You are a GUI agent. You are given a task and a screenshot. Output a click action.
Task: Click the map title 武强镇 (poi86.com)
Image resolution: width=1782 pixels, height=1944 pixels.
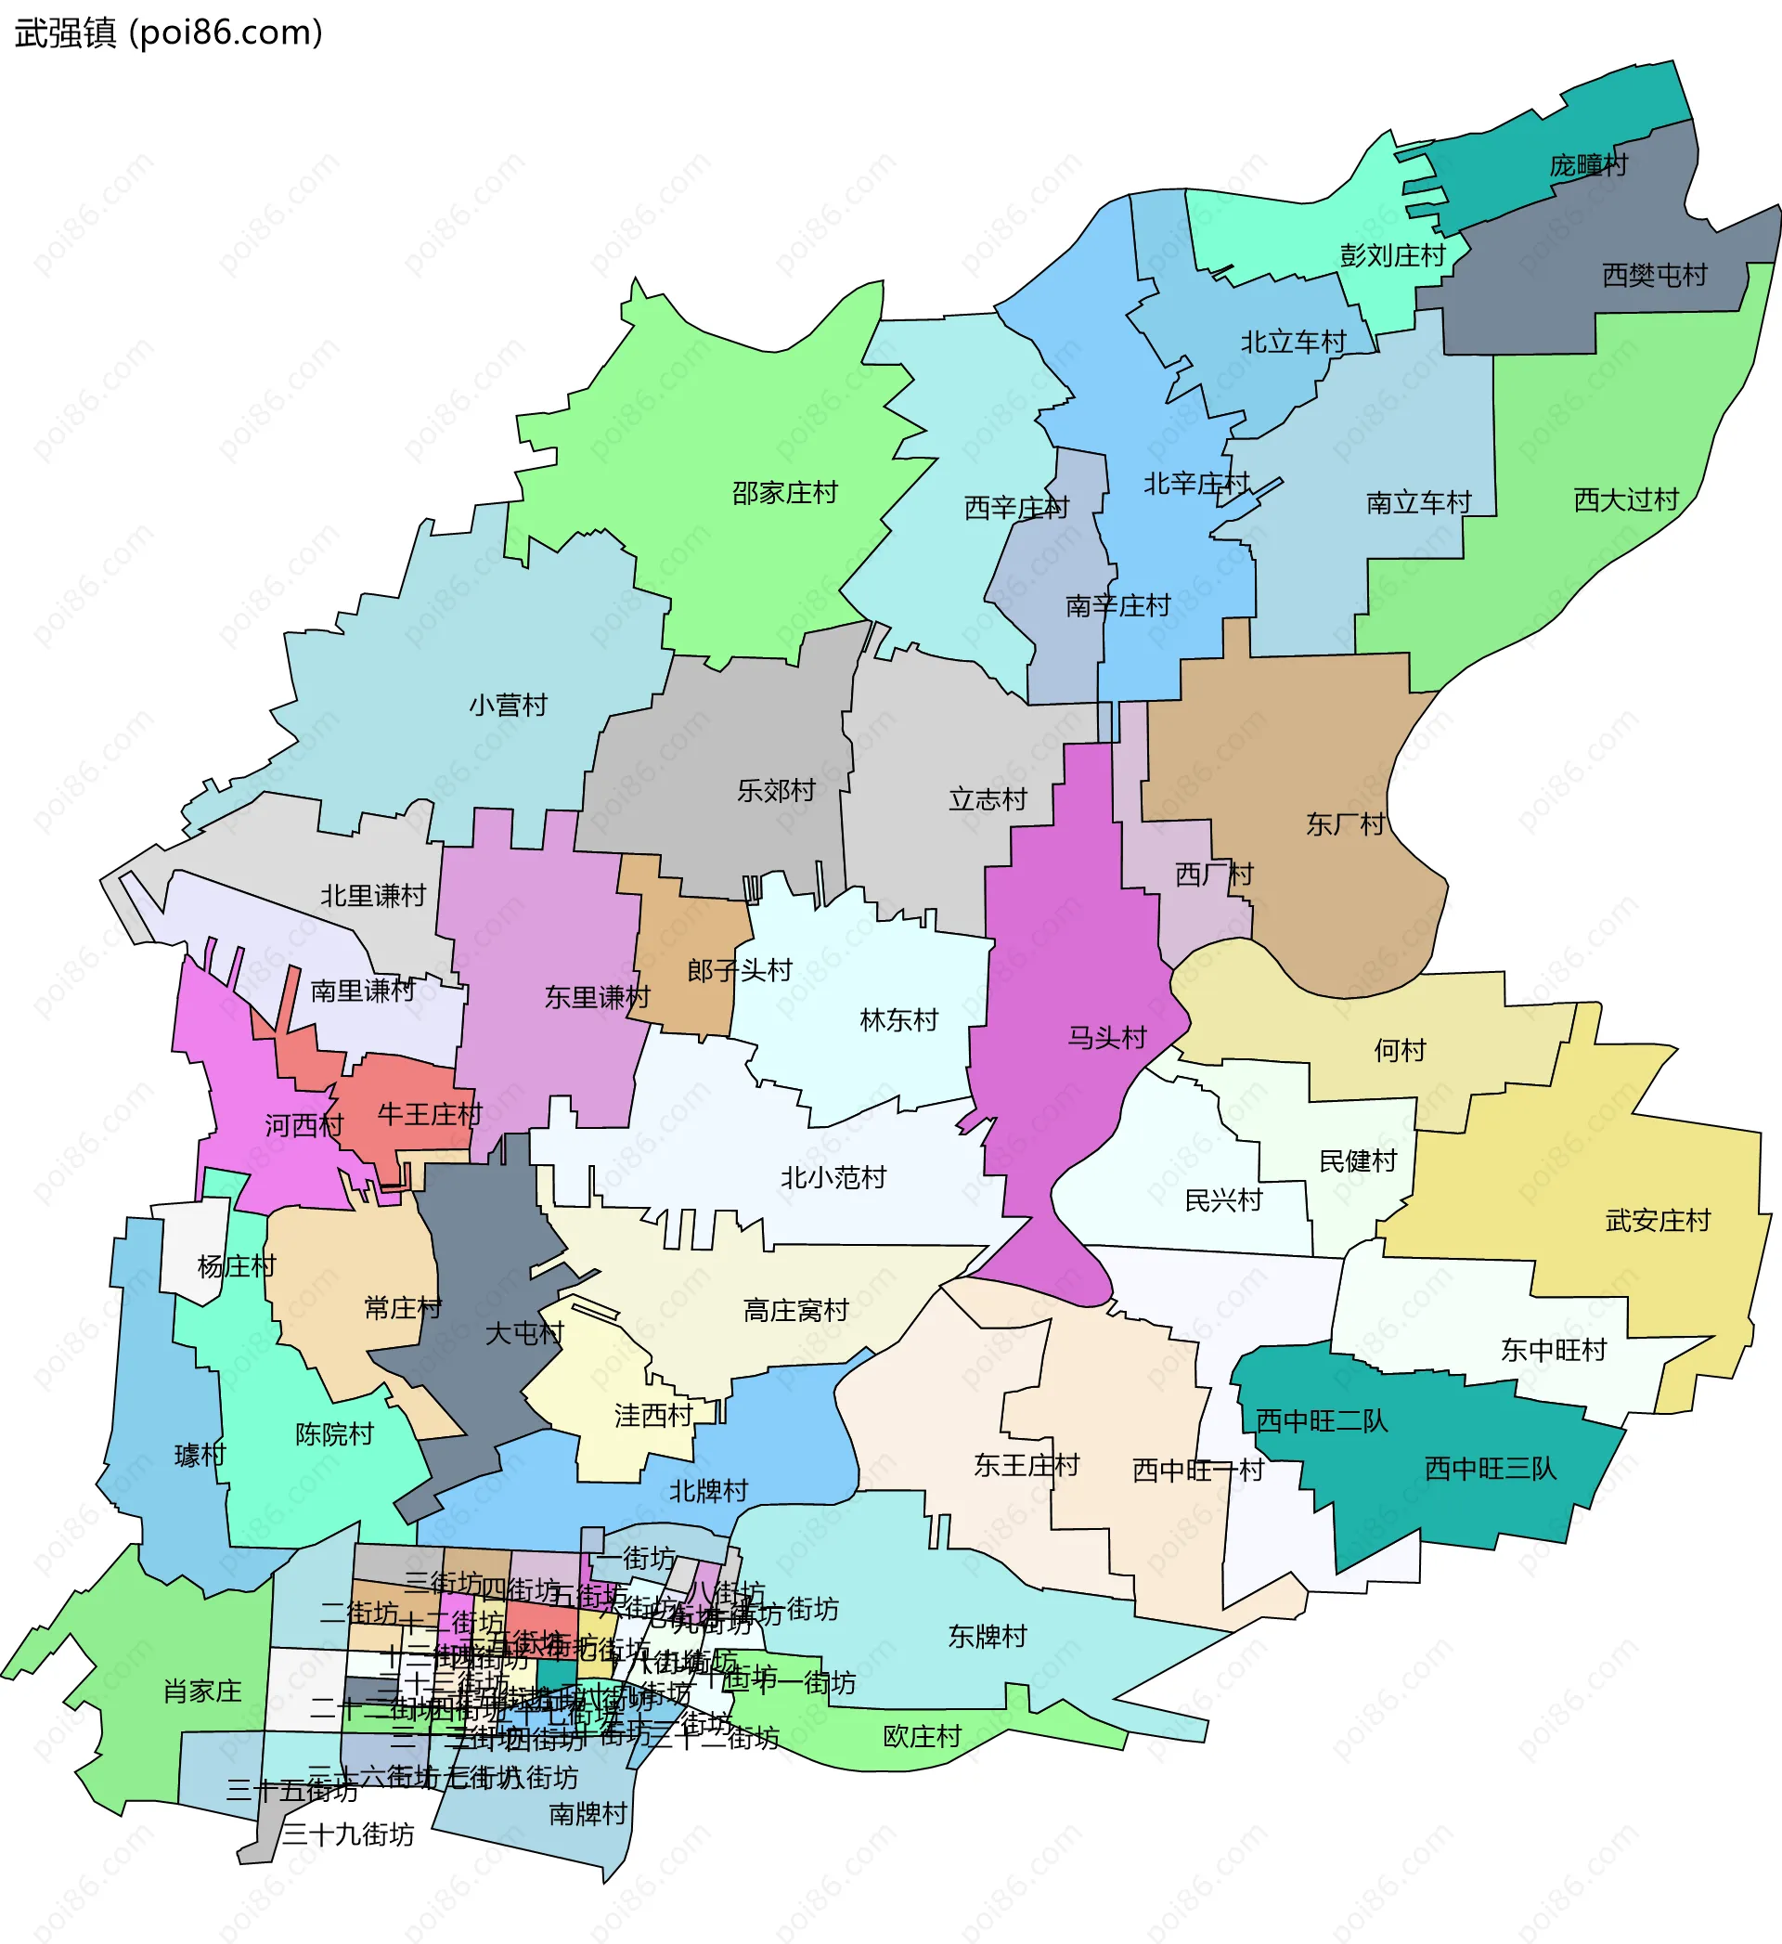point(169,32)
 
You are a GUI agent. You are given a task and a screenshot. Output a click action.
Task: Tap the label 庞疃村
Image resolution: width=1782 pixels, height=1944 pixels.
point(1588,166)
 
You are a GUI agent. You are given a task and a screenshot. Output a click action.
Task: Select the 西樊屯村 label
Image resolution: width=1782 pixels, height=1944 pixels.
point(1654,276)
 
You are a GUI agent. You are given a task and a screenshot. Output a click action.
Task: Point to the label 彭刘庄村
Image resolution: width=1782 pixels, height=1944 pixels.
point(1392,255)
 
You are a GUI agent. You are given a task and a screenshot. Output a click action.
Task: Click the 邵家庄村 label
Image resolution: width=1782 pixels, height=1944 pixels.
point(784,493)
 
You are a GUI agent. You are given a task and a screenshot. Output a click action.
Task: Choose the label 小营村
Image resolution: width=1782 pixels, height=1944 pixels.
point(509,705)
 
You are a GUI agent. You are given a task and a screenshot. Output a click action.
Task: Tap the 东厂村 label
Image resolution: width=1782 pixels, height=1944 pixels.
point(1345,824)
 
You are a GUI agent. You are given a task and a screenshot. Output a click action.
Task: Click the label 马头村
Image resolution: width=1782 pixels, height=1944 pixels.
point(1107,1038)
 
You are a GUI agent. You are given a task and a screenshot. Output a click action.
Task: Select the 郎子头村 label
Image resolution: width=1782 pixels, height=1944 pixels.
point(740,970)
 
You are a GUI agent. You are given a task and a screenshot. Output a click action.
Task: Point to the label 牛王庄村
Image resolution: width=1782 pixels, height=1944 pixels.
point(429,1115)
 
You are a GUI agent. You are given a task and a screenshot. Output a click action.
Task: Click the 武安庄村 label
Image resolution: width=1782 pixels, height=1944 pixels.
point(1658,1221)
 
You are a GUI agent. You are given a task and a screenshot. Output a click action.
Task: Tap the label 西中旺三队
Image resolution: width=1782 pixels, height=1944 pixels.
point(1490,1469)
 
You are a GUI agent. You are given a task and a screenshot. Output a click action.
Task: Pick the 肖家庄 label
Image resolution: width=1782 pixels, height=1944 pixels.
point(202,1691)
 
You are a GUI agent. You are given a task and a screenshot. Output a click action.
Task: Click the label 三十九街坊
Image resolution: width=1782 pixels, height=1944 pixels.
point(347,1834)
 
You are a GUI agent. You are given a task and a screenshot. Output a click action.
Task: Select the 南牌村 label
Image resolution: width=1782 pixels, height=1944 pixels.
point(588,1814)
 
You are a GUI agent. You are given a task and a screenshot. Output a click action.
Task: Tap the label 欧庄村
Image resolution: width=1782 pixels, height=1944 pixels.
point(922,1737)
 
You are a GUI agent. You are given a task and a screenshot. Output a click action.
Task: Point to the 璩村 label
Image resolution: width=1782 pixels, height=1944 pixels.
point(200,1455)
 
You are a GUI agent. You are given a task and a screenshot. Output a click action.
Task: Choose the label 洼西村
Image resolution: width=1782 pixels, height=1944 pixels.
point(653,1416)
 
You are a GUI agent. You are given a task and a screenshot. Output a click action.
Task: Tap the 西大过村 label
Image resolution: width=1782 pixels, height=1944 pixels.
point(1626,499)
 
